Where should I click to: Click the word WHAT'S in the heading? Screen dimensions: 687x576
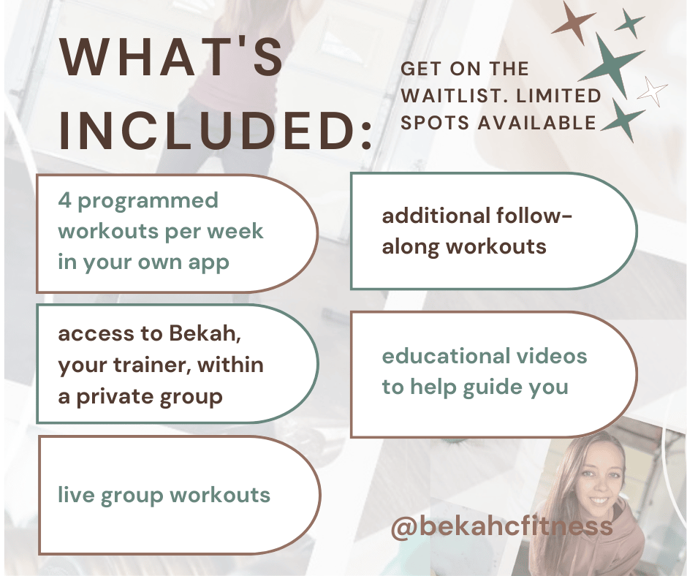[171, 57]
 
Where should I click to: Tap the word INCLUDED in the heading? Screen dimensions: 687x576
[206, 131]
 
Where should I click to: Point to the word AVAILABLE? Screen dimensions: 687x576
[536, 123]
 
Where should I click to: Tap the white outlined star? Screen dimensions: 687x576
[653, 91]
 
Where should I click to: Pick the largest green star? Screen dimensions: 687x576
[612, 66]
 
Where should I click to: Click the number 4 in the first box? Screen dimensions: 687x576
[64, 201]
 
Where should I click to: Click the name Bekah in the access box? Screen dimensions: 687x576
[205, 333]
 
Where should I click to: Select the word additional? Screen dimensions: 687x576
[436, 216]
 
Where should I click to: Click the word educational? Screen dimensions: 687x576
[444, 356]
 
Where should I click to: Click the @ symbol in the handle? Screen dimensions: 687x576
[404, 526]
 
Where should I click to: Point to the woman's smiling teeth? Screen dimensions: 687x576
[599, 500]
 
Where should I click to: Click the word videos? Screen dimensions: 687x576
[552, 356]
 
